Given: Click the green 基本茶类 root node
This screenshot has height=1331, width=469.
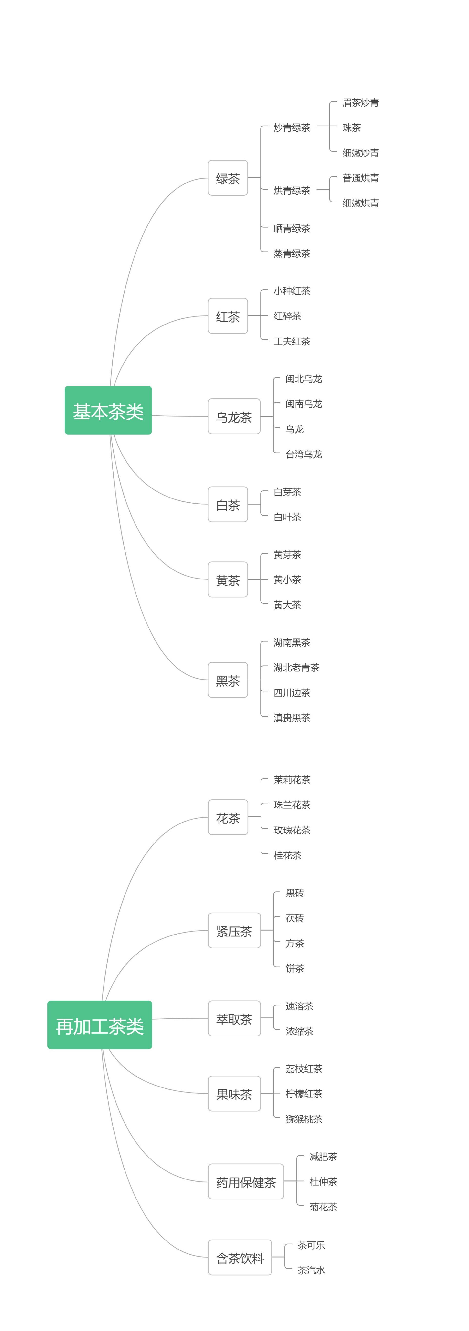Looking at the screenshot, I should pos(108,410).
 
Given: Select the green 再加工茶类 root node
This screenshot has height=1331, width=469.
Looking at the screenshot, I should pos(100,1025).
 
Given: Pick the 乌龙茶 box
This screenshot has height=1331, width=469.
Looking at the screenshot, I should pos(234,417).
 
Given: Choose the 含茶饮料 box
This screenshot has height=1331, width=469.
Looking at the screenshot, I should pos(240,1258).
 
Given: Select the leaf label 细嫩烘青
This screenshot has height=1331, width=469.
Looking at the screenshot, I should pos(360,203).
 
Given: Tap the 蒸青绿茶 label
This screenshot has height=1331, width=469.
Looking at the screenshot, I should pos(292,253).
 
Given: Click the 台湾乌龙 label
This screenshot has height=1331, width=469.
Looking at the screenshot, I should pos(303,454).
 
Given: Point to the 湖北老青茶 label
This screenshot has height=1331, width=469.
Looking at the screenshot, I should pos(296,668).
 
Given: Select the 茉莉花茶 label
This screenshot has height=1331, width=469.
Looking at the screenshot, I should pos(292,780).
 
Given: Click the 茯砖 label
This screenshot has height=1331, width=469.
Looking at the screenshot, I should pos(295,918).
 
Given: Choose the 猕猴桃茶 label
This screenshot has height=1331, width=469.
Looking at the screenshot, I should pos(303,1119).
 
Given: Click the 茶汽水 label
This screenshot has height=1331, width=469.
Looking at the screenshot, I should pos(311,1270).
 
